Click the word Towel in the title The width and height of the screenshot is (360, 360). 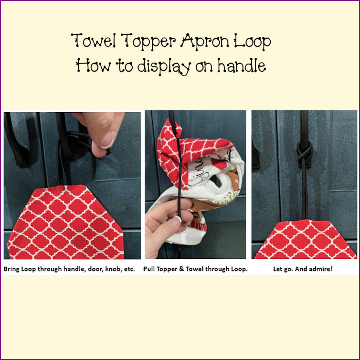94,41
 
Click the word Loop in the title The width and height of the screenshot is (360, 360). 252,42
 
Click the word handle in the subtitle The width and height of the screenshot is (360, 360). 241,65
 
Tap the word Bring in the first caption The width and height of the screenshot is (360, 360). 12,269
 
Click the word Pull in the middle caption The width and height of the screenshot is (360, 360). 148,269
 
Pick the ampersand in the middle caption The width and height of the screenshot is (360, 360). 181,269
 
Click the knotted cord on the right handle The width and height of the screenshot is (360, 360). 305,155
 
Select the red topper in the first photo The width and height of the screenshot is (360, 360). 66,222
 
